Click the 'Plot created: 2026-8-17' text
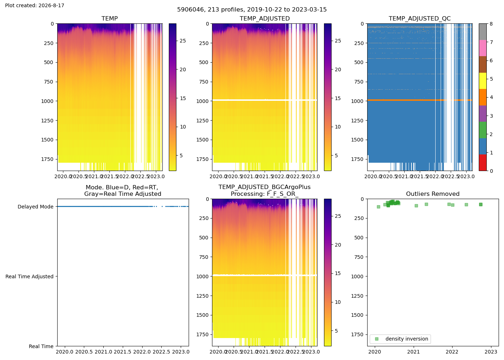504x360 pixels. coord(35,5)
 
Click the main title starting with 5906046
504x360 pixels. coord(252,10)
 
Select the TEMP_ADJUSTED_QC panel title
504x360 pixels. coord(420,18)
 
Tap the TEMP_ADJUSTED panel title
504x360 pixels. coord(265,18)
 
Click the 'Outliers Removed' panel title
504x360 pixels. coord(433,194)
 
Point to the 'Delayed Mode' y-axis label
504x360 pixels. coord(36,207)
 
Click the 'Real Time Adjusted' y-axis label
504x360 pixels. coord(30,276)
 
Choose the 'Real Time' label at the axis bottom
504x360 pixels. coord(41,346)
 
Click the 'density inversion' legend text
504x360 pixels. coord(407,339)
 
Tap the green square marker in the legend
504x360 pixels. coord(377,339)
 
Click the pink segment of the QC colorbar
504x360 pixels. coord(483,48)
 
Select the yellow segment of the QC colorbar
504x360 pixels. coord(483,81)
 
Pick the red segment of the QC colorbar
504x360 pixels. coord(483,163)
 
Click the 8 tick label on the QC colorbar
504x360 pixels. coord(491,24)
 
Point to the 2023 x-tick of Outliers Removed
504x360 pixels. coord(491,352)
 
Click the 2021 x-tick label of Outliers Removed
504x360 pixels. coord(414,352)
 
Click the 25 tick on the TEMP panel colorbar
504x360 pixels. coord(183,41)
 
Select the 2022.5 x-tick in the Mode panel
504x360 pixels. coord(161,352)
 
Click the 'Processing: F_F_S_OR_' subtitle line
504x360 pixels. coord(265,194)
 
